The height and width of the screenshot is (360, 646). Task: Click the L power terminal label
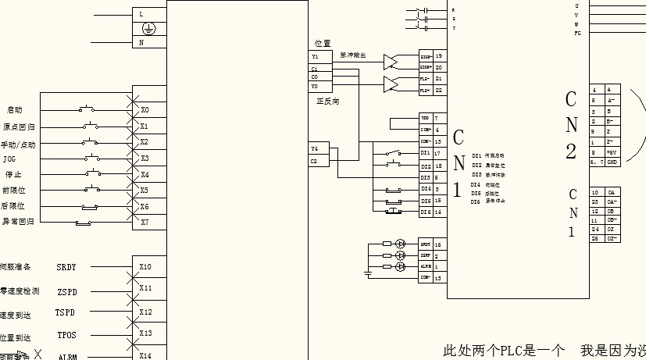[x=141, y=14]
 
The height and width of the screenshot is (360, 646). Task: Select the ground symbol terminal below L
[x=148, y=29]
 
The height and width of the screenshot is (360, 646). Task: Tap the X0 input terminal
[x=145, y=109]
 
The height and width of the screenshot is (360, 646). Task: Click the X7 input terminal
[x=145, y=222]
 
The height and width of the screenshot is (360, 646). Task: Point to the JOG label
[x=9, y=159]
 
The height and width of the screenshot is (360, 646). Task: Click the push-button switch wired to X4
[x=94, y=173]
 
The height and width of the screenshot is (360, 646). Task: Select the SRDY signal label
[x=66, y=267]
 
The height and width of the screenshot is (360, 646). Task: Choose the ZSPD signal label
[x=66, y=292]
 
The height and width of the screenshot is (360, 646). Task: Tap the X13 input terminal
[x=145, y=333]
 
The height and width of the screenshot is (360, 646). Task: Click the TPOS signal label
[x=66, y=337]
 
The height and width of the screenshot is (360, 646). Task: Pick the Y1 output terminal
[x=315, y=57]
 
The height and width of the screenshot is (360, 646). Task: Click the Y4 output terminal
[x=315, y=148]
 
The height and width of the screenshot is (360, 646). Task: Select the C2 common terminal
[x=315, y=161]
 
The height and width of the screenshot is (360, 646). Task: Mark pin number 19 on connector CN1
[x=439, y=56]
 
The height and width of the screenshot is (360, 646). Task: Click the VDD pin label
[x=425, y=117]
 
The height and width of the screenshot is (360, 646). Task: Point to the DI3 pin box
[x=426, y=178]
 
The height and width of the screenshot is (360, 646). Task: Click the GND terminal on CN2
[x=612, y=162]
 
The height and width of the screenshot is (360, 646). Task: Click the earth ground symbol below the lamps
[x=368, y=274]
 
